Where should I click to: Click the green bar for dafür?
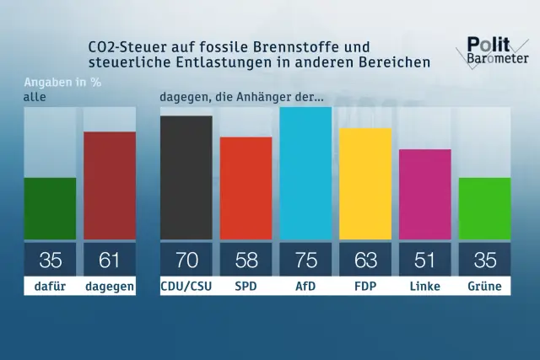pos(50,208)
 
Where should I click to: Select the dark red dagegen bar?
pos(110,185)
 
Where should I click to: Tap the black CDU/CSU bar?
pos(186,177)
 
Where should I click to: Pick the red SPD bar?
pos(246,188)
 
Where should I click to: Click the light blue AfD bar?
pos(305,173)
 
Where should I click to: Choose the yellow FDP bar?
pos(365,184)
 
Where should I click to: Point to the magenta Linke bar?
pos(424,194)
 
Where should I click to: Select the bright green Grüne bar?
pos(484,208)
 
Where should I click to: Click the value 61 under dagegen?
pos(110,260)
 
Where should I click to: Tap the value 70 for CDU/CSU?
pos(186,260)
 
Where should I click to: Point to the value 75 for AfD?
pos(305,260)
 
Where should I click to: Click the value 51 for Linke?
pos(424,260)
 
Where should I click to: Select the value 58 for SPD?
pos(246,260)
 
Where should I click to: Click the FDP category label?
pos(365,287)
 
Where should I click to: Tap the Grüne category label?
pos(484,287)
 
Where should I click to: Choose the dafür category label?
pos(50,287)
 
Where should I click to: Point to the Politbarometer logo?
pos(498,51)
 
